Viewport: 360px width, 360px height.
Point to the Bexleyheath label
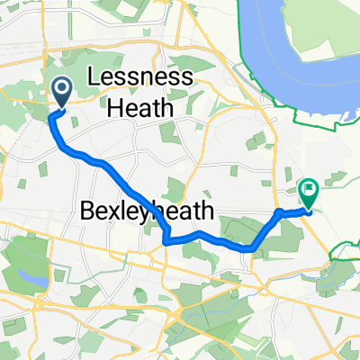148,212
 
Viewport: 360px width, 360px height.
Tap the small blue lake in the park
40,280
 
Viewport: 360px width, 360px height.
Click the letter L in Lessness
94,78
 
